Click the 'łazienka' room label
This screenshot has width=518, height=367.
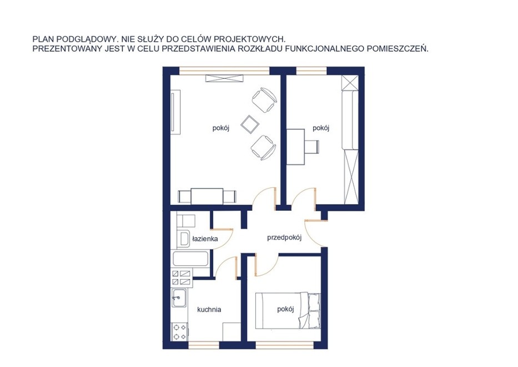pyautogui.click(x=205, y=239)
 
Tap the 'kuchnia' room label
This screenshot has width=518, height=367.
pyautogui.click(x=209, y=310)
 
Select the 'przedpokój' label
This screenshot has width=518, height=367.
pyautogui.click(x=284, y=238)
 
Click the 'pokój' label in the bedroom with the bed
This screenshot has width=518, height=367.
pyautogui.click(x=285, y=309)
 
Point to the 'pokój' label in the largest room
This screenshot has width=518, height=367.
pyautogui.click(x=220, y=128)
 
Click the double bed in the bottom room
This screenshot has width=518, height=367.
pyautogui.click(x=288, y=311)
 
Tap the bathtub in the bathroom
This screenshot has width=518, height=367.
pyautogui.click(x=190, y=259)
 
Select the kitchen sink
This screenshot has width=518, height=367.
pyautogui.click(x=179, y=298)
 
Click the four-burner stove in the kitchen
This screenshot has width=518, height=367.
pyautogui.click(x=179, y=332)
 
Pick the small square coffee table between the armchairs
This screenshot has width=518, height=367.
pyautogui.click(x=250, y=124)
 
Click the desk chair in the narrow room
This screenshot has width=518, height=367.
pyautogui.click(x=312, y=147)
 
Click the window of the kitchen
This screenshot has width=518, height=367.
pyautogui.click(x=204, y=346)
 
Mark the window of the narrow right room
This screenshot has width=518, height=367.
pyautogui.click(x=311, y=70)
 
